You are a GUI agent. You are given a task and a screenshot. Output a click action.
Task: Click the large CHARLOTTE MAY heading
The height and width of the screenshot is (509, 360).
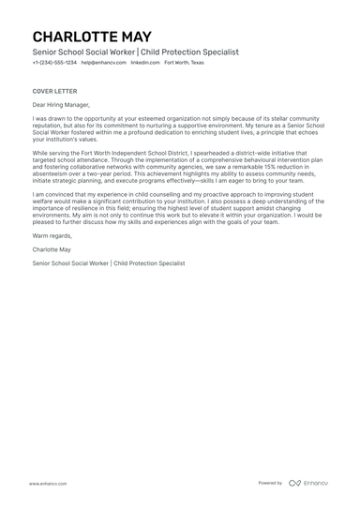click(x=91, y=36)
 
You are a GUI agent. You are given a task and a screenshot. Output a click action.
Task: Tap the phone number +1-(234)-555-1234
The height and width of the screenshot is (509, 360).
click(x=54, y=63)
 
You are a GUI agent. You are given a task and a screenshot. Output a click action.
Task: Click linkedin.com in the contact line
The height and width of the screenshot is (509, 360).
click(x=144, y=63)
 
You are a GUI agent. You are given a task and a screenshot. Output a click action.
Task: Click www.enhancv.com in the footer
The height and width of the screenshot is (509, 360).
click(x=45, y=483)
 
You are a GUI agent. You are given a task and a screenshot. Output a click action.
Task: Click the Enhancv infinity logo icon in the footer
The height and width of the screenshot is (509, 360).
click(x=294, y=483)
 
